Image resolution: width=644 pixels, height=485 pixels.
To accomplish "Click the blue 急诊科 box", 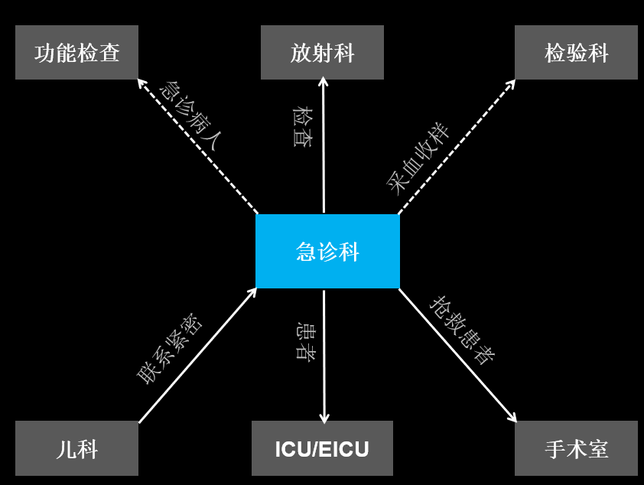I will click(327, 251).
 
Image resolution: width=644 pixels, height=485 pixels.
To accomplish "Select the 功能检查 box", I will click(76, 53).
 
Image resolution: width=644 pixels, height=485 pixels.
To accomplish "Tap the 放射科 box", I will click(322, 53).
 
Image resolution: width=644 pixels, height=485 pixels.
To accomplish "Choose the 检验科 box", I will click(576, 53).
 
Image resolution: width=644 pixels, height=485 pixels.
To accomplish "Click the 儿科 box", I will click(76, 448).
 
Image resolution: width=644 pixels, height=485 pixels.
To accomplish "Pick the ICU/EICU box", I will click(322, 448).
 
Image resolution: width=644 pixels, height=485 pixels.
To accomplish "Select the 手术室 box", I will click(576, 448).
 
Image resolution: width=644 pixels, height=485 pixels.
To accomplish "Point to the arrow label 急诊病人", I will click(190, 116).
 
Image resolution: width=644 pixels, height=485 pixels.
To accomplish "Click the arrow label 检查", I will click(303, 127).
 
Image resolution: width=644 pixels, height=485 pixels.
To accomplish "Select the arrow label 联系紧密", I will click(170, 348).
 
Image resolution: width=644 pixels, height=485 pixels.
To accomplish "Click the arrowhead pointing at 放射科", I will click(323, 82).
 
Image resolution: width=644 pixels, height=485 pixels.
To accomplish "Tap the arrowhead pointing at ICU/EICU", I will click(324, 418).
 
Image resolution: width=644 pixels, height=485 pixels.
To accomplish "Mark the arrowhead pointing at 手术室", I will click(512, 418).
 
